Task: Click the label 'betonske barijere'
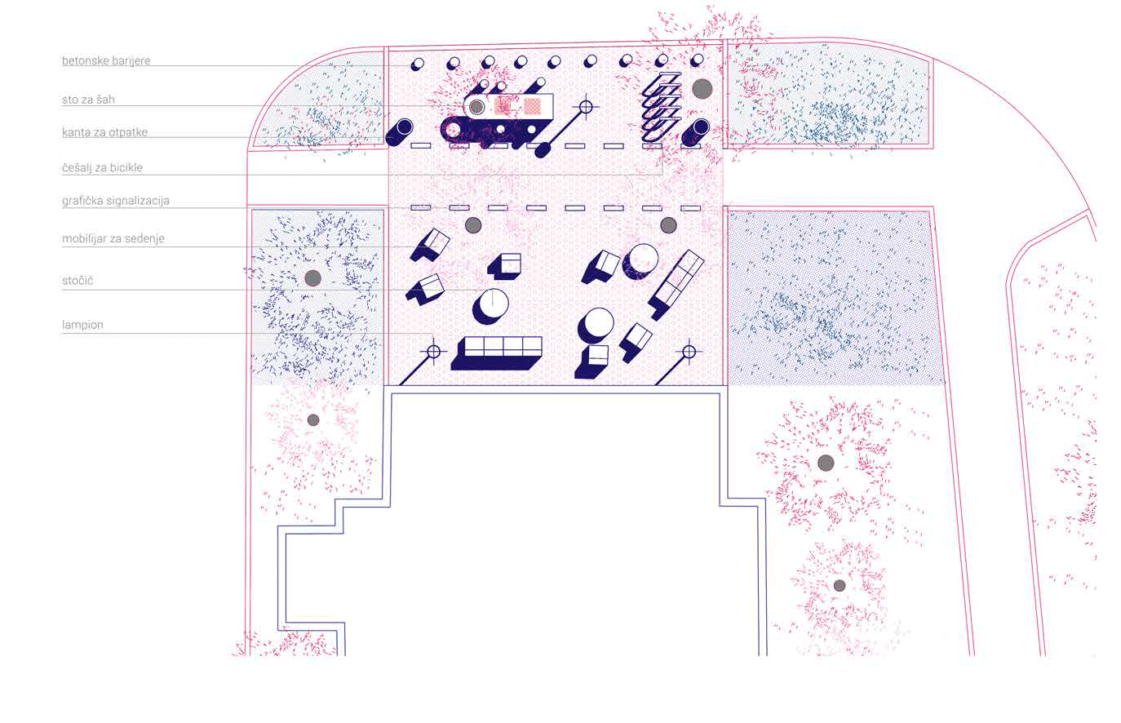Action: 106,60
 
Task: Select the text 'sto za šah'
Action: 88,100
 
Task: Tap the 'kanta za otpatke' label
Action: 104,133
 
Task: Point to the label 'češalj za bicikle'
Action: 102,168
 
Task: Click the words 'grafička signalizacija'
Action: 116,201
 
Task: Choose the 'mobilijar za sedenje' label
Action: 113,239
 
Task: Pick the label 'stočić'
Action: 78,281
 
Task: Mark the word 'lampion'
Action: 82,325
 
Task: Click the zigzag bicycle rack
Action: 662,106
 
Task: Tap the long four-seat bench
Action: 496,353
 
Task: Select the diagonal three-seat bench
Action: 676,285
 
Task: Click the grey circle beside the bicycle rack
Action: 702,89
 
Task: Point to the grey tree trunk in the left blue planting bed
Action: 312,278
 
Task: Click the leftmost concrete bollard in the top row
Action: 418,64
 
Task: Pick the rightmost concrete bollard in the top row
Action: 697,61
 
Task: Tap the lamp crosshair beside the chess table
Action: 586,107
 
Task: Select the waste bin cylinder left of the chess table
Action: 399,132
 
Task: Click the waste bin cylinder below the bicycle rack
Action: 696,133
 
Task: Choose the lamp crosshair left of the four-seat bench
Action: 433,352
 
